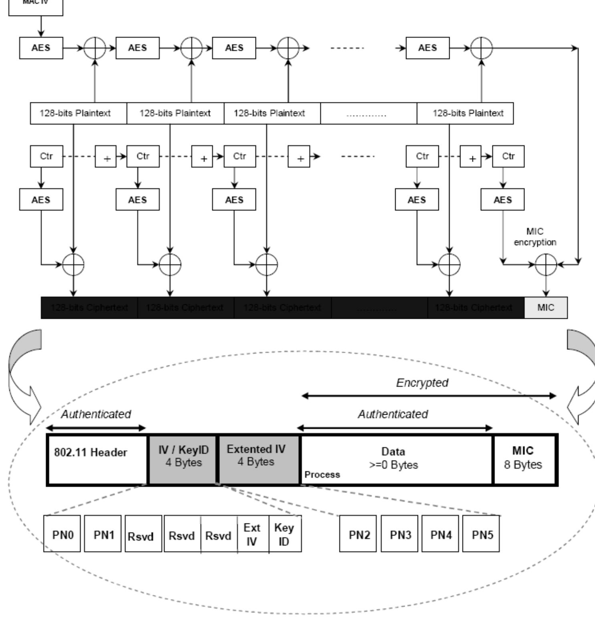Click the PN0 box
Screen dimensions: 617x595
62,534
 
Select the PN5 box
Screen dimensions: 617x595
481,534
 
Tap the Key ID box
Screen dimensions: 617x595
285,534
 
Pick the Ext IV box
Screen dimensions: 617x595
253,534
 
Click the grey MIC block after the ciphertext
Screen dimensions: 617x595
546,308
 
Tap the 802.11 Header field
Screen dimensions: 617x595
97,459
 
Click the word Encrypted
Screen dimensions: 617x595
422,383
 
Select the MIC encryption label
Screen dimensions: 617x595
535,237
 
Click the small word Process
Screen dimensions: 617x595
322,475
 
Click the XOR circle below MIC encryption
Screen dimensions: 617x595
546,264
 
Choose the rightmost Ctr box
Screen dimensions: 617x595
508,156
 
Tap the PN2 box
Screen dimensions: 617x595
358,534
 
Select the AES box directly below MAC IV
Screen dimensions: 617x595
41,48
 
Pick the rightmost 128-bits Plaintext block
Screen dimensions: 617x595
465,113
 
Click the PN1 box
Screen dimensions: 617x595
103,534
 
